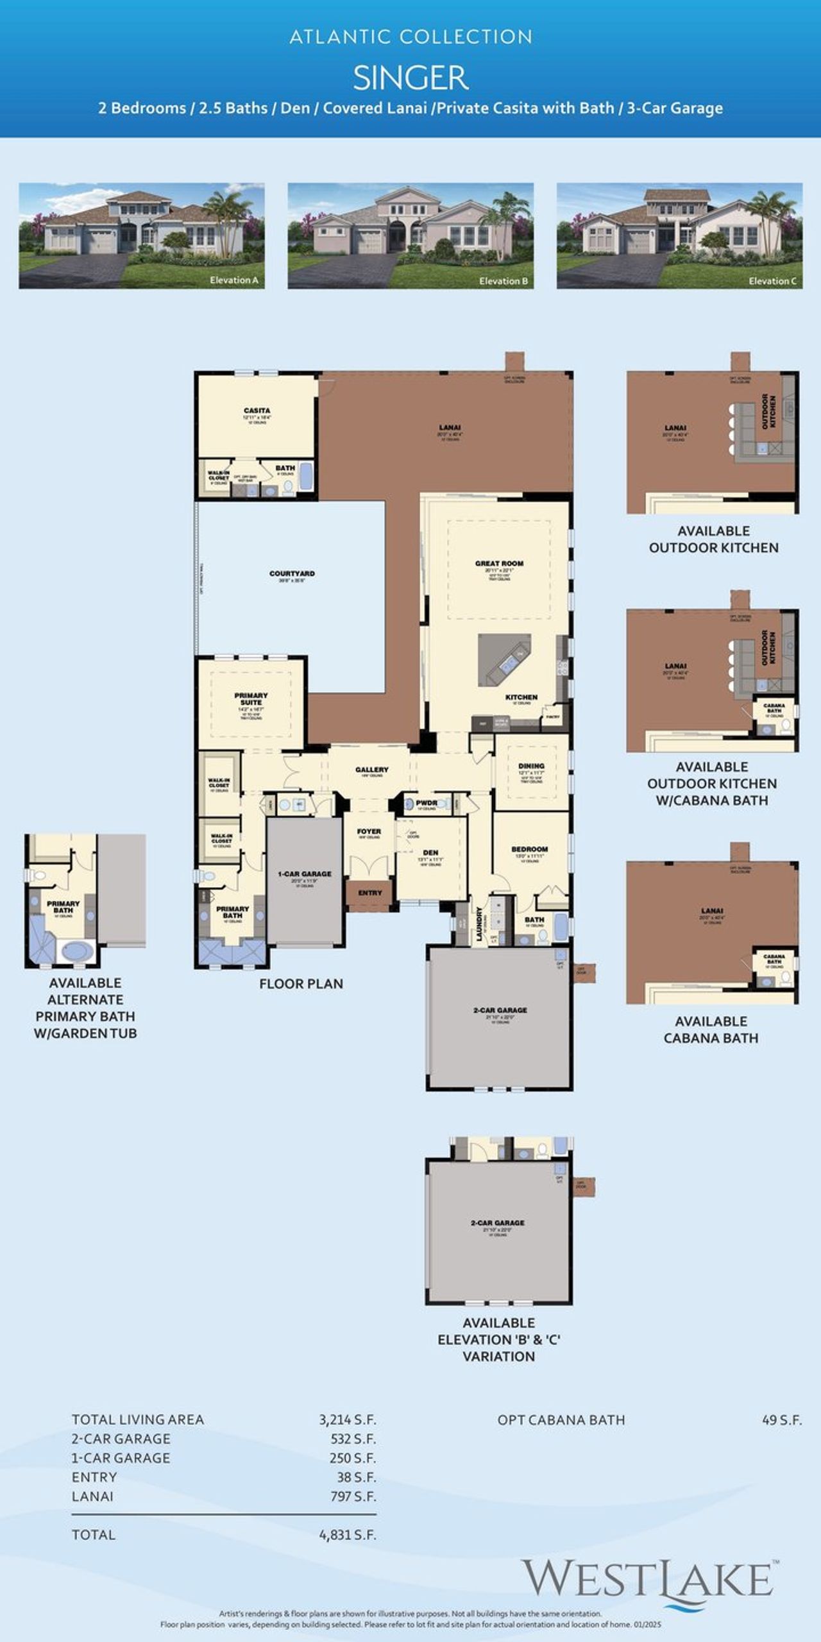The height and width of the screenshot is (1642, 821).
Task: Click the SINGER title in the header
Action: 410,78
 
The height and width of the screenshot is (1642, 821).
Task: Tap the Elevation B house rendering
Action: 410,235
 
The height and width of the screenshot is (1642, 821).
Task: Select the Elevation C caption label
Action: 772,281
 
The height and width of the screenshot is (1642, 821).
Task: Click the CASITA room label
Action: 257,410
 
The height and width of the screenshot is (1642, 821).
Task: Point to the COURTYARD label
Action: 292,573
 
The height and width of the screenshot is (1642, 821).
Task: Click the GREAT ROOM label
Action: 499,563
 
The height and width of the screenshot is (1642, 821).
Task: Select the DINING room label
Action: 531,766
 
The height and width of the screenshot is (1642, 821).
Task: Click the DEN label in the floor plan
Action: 430,852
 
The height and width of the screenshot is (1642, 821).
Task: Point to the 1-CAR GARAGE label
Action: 305,874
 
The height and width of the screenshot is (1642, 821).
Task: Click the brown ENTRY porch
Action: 369,893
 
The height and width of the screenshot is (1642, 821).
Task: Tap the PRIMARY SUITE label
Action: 251,698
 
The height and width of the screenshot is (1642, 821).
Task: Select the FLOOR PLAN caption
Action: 301,984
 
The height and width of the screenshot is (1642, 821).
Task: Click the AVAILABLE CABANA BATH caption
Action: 711,1029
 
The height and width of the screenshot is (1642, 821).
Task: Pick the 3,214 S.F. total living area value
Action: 347,1419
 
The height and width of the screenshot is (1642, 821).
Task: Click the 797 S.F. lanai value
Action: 352,1496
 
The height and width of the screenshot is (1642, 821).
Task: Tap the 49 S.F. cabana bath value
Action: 781,1419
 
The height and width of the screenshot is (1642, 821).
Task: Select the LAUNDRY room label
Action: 479,924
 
